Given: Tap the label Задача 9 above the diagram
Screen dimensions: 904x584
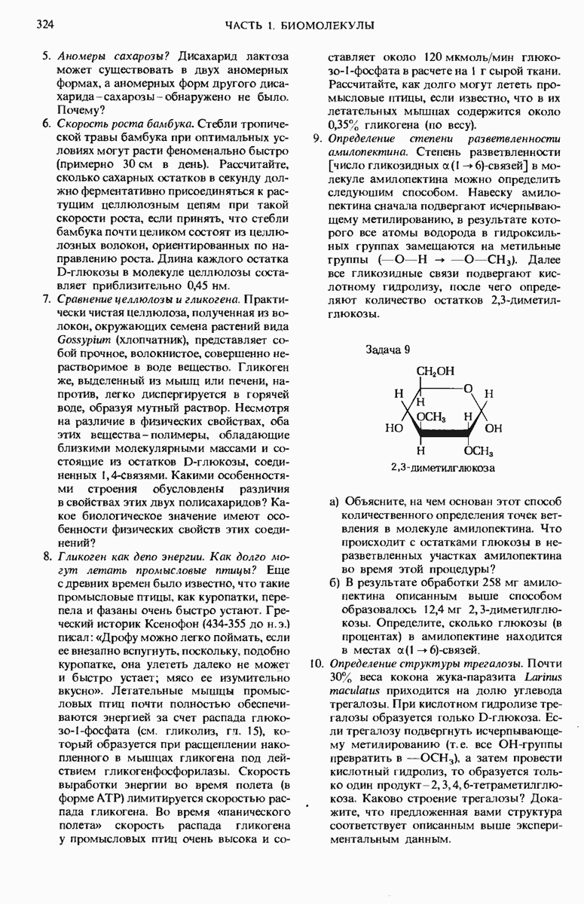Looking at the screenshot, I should [x=388, y=350].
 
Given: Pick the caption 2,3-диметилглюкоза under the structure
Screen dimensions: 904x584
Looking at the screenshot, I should [x=442, y=468].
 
